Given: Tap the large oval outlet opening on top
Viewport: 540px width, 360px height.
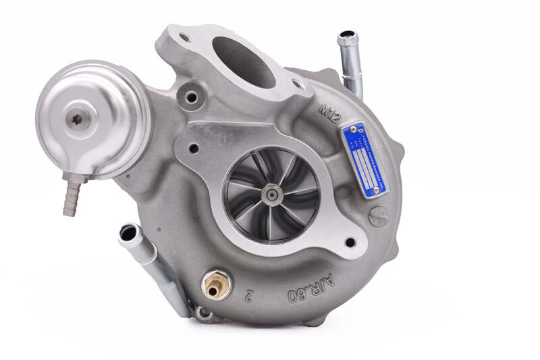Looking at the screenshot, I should click(x=244, y=61).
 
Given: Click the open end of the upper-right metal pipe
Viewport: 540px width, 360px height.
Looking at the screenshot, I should click(x=347, y=37).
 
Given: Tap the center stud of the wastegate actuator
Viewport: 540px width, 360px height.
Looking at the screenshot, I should click(x=77, y=119).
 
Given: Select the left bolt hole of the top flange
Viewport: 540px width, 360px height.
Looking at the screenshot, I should click(x=184, y=38).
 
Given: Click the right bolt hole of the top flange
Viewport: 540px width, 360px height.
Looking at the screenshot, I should click(x=297, y=84).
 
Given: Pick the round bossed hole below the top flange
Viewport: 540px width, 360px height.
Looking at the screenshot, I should click(x=192, y=98).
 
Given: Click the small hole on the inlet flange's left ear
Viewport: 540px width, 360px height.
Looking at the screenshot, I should click(x=194, y=149).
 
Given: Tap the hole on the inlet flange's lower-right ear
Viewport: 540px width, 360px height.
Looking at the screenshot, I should click(x=349, y=242).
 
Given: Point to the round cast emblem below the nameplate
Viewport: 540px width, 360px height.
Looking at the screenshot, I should click(x=379, y=216).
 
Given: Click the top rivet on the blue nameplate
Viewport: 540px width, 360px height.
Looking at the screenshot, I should click(x=352, y=128).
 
